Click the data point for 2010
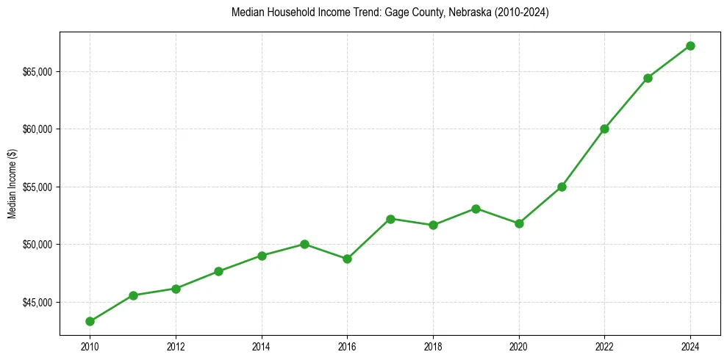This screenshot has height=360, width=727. tap(90, 321)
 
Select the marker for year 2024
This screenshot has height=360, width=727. tap(690, 46)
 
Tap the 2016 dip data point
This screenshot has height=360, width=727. tap(347, 259)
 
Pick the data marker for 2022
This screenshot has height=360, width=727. tap(604, 129)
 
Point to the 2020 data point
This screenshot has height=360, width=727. tap(519, 223)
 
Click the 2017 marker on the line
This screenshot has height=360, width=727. tap(390, 219)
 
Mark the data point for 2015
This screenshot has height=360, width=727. tap(304, 244)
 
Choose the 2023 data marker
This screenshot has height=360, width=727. tap(648, 78)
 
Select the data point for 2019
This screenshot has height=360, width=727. tap(476, 209)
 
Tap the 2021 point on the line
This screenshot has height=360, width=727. tap(562, 187)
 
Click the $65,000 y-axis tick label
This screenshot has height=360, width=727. tap(38, 72)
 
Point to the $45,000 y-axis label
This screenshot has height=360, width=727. tap(38, 302)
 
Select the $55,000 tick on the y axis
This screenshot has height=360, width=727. tap(38, 187)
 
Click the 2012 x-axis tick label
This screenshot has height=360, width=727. tap(176, 345)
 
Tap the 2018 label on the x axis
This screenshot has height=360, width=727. tap(433, 345)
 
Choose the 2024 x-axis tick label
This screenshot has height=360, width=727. tap(690, 345)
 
